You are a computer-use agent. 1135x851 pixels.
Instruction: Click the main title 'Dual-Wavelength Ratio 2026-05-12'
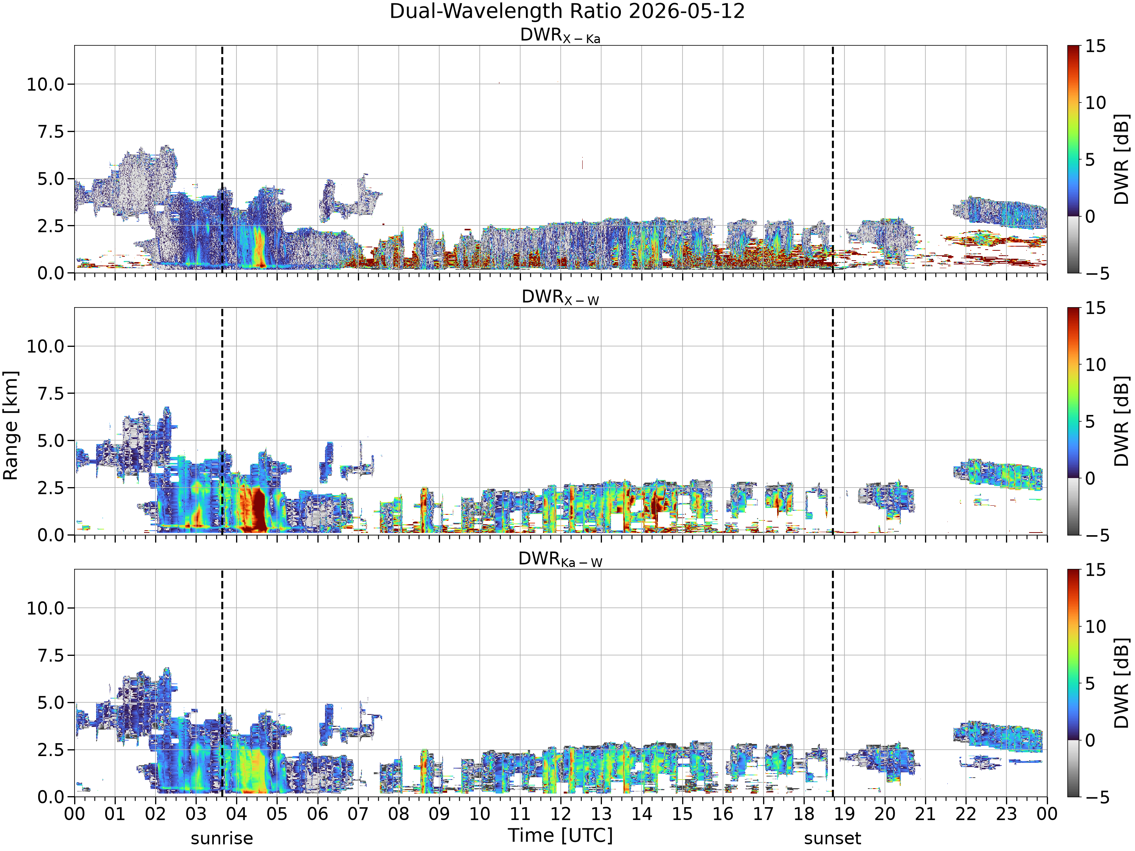[x=567, y=11]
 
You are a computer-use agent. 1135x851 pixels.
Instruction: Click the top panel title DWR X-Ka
[x=560, y=36]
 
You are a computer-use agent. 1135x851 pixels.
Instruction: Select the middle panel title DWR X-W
[x=560, y=298]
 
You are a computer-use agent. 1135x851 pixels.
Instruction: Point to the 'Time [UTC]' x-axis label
[x=560, y=835]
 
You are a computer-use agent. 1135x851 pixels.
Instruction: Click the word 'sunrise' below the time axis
[x=222, y=839]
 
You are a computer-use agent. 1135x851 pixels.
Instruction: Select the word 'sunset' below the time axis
[x=832, y=839]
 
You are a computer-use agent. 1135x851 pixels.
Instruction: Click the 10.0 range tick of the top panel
[x=46, y=84]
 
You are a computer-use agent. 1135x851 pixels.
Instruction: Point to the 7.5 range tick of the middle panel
[x=51, y=393]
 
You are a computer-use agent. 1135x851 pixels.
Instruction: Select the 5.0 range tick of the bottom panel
[x=51, y=702]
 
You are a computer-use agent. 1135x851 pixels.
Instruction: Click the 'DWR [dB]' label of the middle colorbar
[x=1123, y=421]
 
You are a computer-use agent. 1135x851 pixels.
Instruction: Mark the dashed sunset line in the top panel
[x=832, y=159]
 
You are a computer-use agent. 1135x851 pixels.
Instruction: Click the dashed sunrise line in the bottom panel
[x=222, y=683]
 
